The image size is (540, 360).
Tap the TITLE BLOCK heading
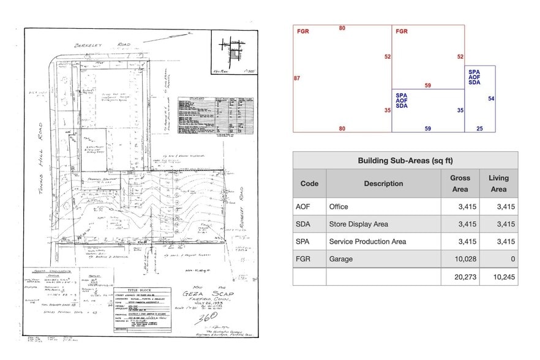tap(141, 290)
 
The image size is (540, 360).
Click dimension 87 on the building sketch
tap(297, 78)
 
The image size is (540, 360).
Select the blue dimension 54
tap(491, 99)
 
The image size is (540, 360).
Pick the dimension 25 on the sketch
tap(479, 129)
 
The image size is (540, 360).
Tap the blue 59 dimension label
tap(427, 129)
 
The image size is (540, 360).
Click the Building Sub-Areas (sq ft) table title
tap(405, 161)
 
